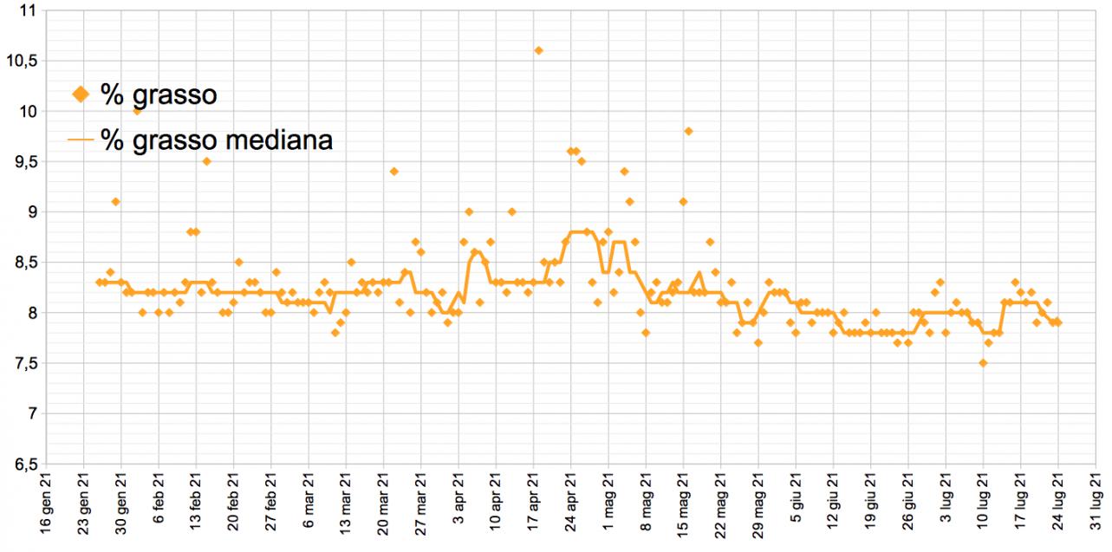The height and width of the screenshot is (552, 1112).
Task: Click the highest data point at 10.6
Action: click(x=538, y=50)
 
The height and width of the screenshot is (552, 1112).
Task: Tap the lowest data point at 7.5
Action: click(x=983, y=363)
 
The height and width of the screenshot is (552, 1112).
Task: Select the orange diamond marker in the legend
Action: click(x=81, y=94)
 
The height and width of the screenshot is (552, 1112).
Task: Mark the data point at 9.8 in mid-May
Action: click(x=688, y=131)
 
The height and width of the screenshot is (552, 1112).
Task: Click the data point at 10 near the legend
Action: click(x=137, y=111)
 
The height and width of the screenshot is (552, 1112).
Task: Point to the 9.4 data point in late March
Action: click(x=393, y=172)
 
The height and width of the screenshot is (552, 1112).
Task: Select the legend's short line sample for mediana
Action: click(x=81, y=140)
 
